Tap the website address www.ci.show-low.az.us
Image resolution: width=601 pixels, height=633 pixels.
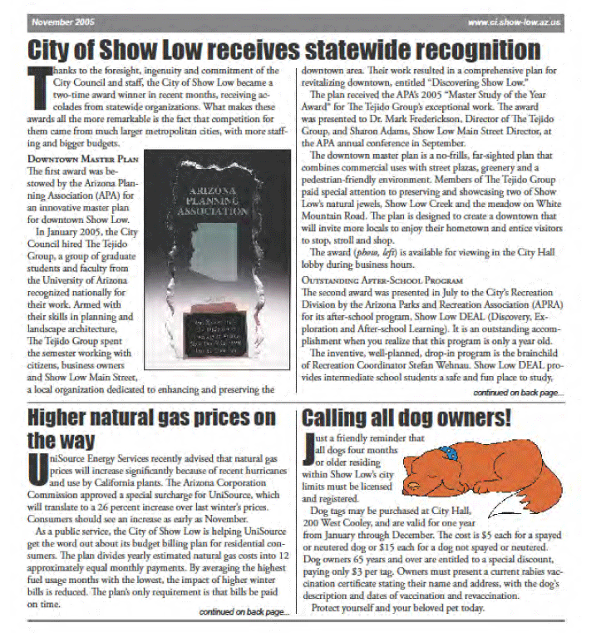[515, 22]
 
